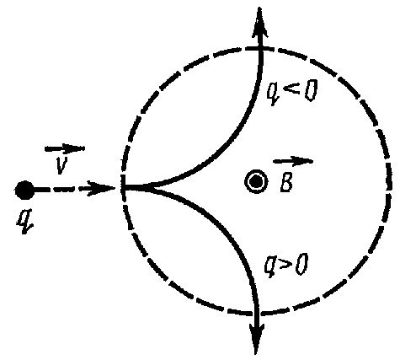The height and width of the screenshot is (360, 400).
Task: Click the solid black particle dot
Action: [x=24, y=191]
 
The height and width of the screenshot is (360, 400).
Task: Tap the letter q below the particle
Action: [x=24, y=222]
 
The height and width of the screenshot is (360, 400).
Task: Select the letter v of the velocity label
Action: [x=61, y=164]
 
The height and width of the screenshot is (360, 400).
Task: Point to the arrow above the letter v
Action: [x=65, y=148]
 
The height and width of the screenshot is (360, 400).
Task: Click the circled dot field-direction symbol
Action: [x=256, y=182]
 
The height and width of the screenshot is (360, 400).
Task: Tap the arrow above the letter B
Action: [x=293, y=161]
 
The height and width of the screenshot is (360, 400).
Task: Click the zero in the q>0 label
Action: [x=301, y=264]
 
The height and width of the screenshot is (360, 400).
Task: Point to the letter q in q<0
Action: [x=274, y=94]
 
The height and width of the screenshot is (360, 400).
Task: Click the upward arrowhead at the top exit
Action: [x=259, y=23]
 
